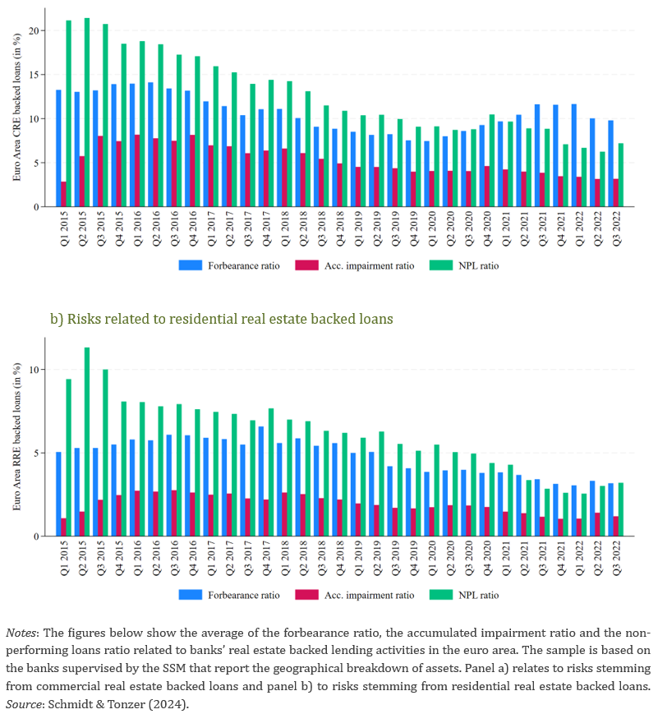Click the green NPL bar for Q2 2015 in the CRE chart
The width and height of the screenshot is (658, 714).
click(x=86, y=113)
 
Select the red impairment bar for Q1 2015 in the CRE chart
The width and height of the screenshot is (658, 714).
click(x=64, y=195)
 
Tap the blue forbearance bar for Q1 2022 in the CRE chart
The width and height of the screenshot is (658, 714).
click(x=573, y=156)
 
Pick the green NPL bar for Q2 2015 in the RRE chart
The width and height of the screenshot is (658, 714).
click(x=86, y=442)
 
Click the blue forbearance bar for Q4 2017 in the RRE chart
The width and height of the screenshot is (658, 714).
click(x=261, y=481)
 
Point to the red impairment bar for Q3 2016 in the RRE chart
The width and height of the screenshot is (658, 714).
click(x=174, y=514)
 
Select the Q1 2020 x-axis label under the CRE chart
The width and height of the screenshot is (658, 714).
click(x=431, y=228)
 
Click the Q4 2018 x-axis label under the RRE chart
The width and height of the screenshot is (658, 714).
click(x=340, y=558)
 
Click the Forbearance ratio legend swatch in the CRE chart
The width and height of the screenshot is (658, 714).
click(x=191, y=265)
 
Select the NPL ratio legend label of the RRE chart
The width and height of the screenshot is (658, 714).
click(x=479, y=595)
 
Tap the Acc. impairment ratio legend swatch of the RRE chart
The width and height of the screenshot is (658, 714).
click(x=306, y=595)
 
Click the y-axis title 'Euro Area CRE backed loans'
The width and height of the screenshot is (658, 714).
click(x=17, y=107)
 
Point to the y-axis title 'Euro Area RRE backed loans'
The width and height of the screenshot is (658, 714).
click(x=17, y=436)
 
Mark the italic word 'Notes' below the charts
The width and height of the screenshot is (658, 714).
click(x=21, y=633)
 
